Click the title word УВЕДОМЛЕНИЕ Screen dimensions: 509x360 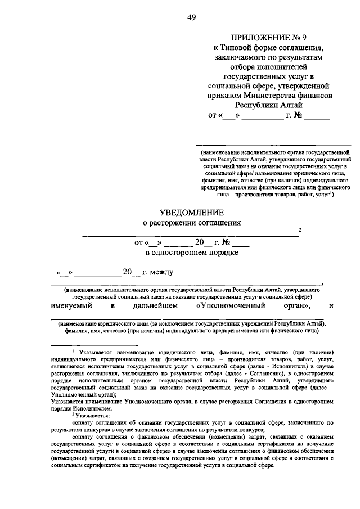[x=191, y=212]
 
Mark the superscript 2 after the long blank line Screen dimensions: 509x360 [x=300, y=230]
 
